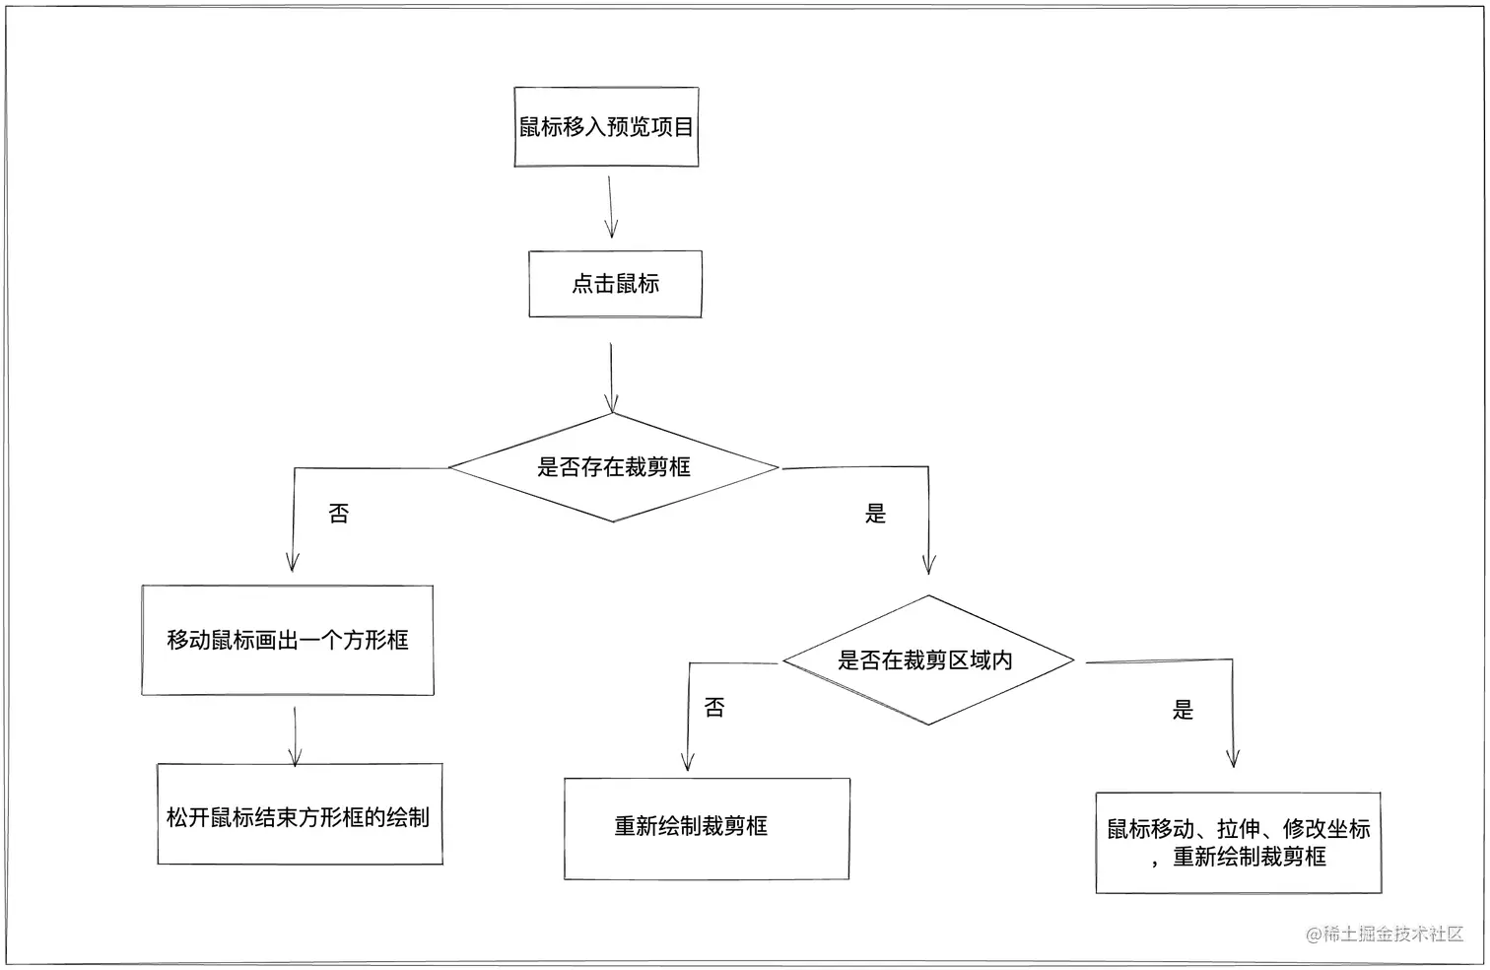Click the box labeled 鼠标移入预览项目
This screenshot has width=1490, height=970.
[x=606, y=127]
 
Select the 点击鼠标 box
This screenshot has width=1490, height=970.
[x=615, y=284]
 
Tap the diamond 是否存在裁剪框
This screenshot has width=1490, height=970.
[x=613, y=467]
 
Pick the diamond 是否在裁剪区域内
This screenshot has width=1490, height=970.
[x=926, y=660]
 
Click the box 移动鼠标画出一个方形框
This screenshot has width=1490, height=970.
[x=288, y=640]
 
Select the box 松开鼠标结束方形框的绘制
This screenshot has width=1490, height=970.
[x=299, y=816]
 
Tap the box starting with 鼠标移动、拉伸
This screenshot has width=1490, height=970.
[x=1238, y=843]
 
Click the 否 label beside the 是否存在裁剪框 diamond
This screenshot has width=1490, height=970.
[x=338, y=514]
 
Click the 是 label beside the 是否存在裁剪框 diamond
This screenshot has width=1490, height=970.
[x=875, y=514]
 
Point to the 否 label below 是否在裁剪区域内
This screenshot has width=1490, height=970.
[x=714, y=708]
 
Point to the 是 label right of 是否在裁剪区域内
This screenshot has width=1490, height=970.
[x=1183, y=710]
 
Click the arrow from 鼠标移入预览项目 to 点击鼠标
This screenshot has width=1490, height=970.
[x=610, y=207]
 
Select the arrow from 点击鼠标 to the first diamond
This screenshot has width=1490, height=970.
[x=612, y=377]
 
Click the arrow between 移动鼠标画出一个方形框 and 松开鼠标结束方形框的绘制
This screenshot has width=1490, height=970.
[x=295, y=735]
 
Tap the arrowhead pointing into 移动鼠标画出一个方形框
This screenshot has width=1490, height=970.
[x=293, y=562]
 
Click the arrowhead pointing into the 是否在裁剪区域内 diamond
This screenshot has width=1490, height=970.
[x=928, y=564]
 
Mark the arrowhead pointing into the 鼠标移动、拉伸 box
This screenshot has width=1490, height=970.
[x=1232, y=757]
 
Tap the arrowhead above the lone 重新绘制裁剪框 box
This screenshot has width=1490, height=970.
[x=688, y=760]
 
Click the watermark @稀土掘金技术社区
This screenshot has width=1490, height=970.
[x=1385, y=934]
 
